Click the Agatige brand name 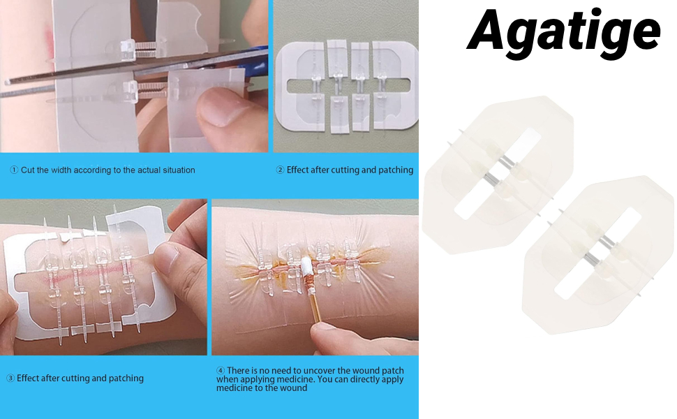point(563,31)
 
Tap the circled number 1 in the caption point(14,170)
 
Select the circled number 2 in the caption point(281,170)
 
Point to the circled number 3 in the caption point(10,378)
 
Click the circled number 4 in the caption point(221,371)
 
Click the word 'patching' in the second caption point(396,170)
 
